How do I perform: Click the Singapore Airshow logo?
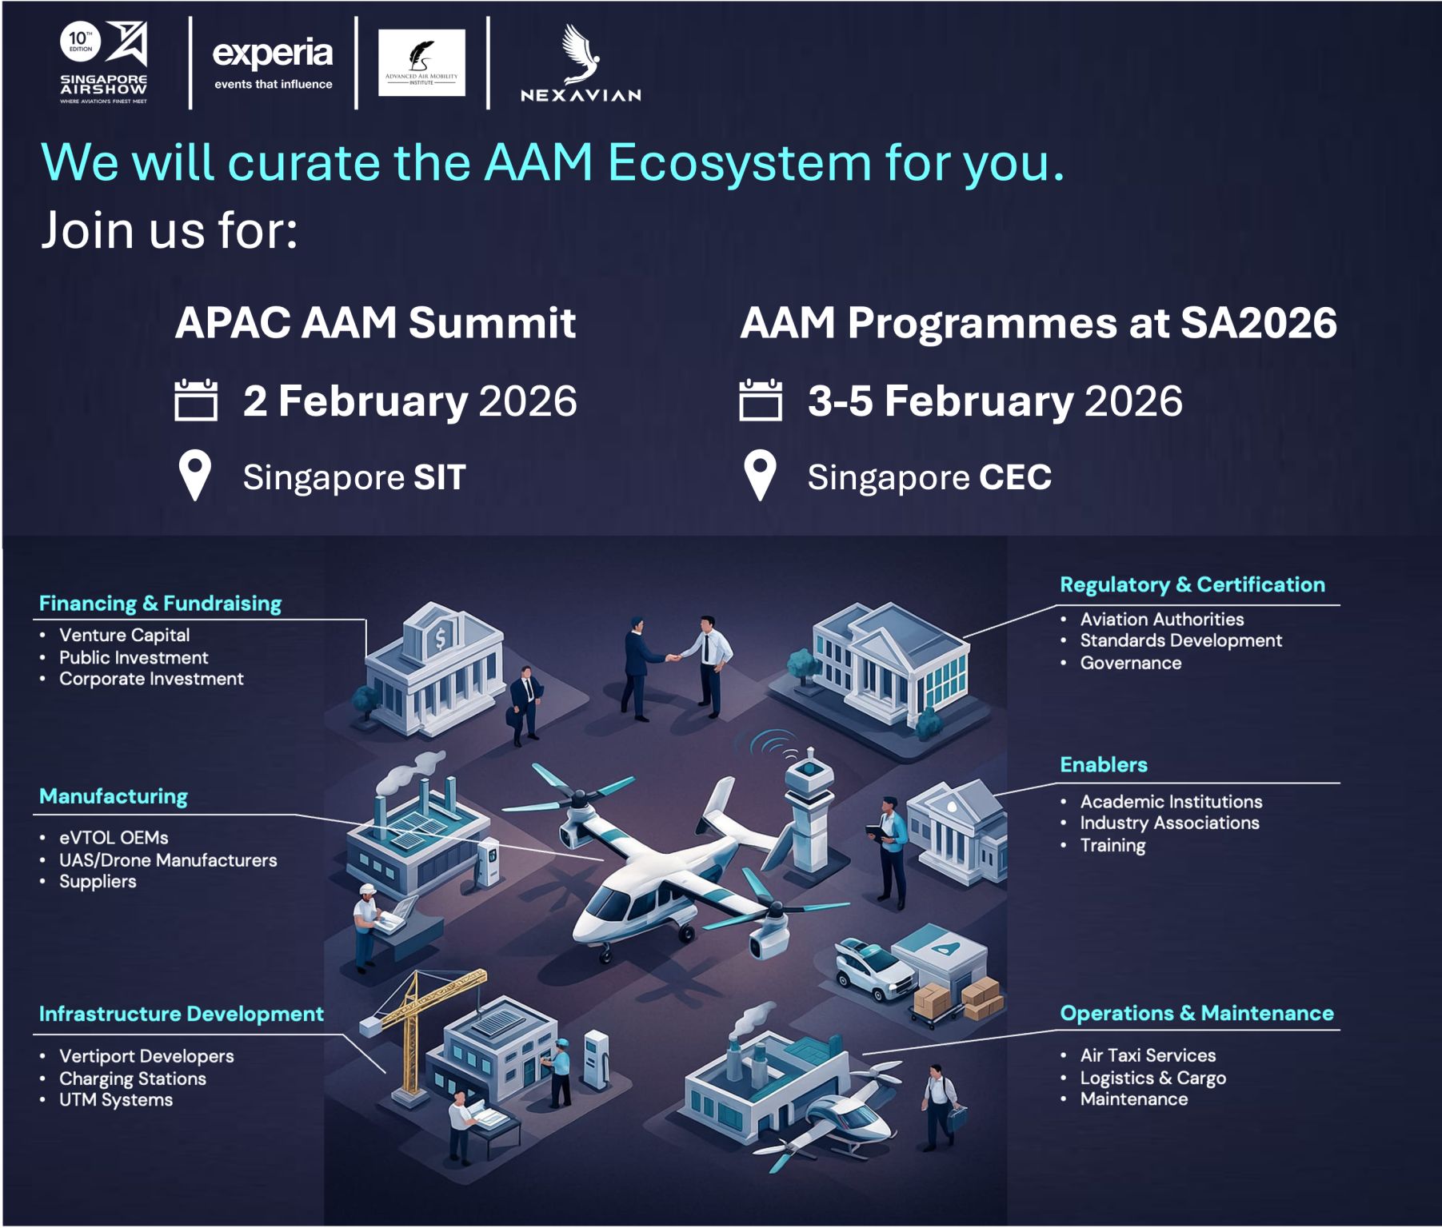point(104,62)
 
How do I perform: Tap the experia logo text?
point(272,54)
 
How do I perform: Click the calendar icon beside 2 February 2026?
point(196,400)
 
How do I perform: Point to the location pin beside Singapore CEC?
point(760,475)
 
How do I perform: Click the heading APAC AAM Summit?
point(375,323)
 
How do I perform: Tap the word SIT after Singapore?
point(439,477)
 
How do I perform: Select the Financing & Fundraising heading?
point(160,604)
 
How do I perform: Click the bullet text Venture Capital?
point(124,635)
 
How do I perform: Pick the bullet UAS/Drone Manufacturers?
point(168,860)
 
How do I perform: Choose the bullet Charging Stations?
point(133,1078)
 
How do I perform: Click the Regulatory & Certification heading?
point(1192,584)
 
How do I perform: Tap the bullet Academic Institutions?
point(1171,801)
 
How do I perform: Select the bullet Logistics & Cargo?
point(1152,1078)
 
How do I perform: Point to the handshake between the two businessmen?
point(673,658)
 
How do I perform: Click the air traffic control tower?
point(809,807)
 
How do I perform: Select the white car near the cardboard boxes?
point(873,969)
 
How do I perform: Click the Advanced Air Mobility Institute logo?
point(421,62)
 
